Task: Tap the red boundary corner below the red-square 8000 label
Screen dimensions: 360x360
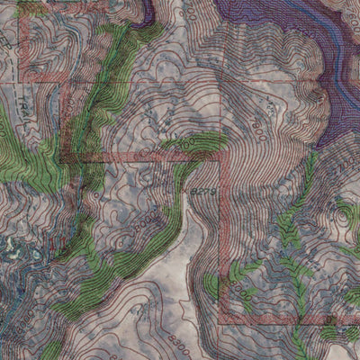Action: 222,320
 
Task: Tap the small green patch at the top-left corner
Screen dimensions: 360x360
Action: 31,7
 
